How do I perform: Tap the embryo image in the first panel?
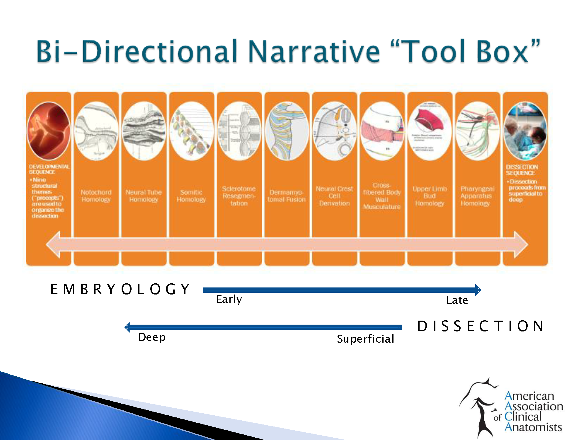[x=48, y=131]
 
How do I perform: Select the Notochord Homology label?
[x=96, y=196]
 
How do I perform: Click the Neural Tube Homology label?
[x=144, y=196]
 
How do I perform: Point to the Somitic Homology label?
[x=191, y=196]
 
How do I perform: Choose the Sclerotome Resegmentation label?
[x=239, y=196]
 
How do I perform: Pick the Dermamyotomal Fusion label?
[x=287, y=196]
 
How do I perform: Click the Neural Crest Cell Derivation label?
[x=334, y=196]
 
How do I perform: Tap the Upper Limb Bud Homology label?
[x=430, y=196]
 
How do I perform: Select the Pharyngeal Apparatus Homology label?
[x=477, y=196]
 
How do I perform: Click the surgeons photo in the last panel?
[x=525, y=131]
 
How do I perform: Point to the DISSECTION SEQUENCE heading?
[x=522, y=170]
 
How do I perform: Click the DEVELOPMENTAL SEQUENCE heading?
[x=49, y=169]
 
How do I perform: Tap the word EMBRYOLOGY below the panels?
[x=120, y=289]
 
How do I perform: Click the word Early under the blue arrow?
[x=229, y=299]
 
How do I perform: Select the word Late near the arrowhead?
[x=457, y=300]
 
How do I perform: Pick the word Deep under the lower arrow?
[x=152, y=337]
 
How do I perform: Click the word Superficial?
[x=365, y=339]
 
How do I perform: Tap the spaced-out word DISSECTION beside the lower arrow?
[x=481, y=326]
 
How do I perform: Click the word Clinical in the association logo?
[x=523, y=417]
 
